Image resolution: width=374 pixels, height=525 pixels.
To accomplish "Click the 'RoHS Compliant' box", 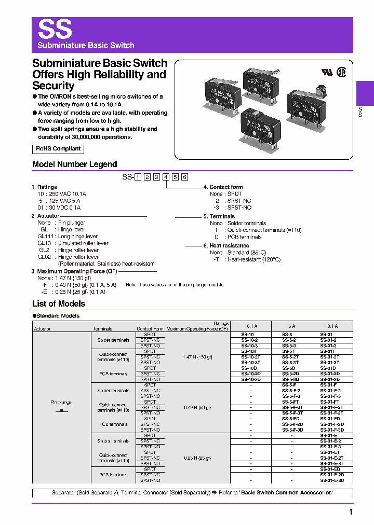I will pyautogui.click(x=58, y=149).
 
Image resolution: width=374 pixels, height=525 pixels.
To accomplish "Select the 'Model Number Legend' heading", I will pyautogui.click(x=75, y=164).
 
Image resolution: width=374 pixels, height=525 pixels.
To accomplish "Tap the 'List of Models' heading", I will pyautogui.click(x=59, y=304).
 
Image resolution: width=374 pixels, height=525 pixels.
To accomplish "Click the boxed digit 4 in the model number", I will pyautogui.click(x=166, y=177).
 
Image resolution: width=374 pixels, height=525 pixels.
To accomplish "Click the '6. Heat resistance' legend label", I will pyautogui.click(x=226, y=245).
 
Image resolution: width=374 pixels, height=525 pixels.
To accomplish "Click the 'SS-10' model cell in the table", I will pyautogui.click(x=249, y=334).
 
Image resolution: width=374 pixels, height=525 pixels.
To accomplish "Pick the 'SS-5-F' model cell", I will pyautogui.click(x=289, y=385).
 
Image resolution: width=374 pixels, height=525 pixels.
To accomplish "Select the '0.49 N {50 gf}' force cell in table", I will pyautogui.click(x=197, y=408).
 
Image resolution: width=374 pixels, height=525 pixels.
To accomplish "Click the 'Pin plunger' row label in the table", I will pyautogui.click(x=61, y=402).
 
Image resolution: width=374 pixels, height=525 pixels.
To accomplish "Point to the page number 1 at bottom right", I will pyautogui.click(x=351, y=513).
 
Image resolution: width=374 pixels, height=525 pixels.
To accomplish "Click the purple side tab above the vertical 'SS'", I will pyautogui.click(x=365, y=93).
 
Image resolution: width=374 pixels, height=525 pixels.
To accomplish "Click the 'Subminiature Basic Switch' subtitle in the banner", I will pyautogui.click(x=86, y=45).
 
